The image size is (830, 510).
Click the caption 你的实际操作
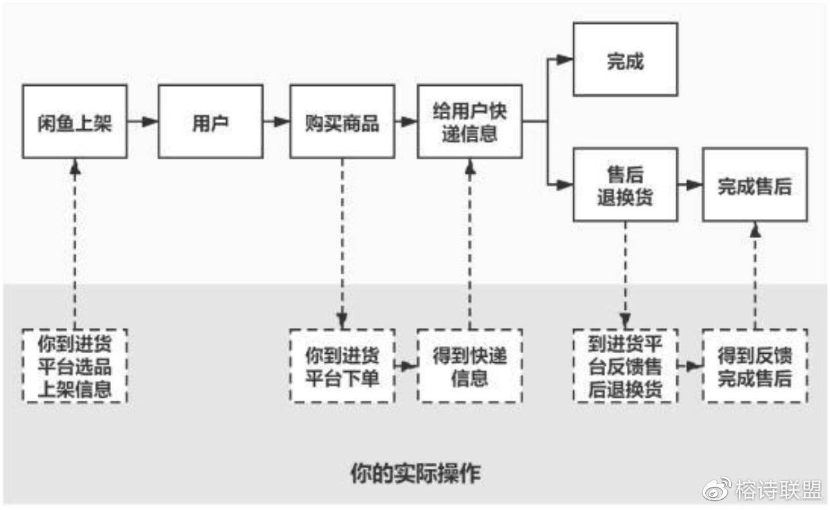[416, 473]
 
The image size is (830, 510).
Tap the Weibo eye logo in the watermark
[717, 489]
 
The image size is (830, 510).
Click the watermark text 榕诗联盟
[778, 489]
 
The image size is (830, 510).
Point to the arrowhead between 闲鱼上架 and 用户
[150, 121]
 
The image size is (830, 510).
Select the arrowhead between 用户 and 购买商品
[282, 121]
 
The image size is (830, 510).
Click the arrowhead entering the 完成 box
[565, 59]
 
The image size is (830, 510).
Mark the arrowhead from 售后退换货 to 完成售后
[695, 185]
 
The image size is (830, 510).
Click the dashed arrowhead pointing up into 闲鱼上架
[75, 167]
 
